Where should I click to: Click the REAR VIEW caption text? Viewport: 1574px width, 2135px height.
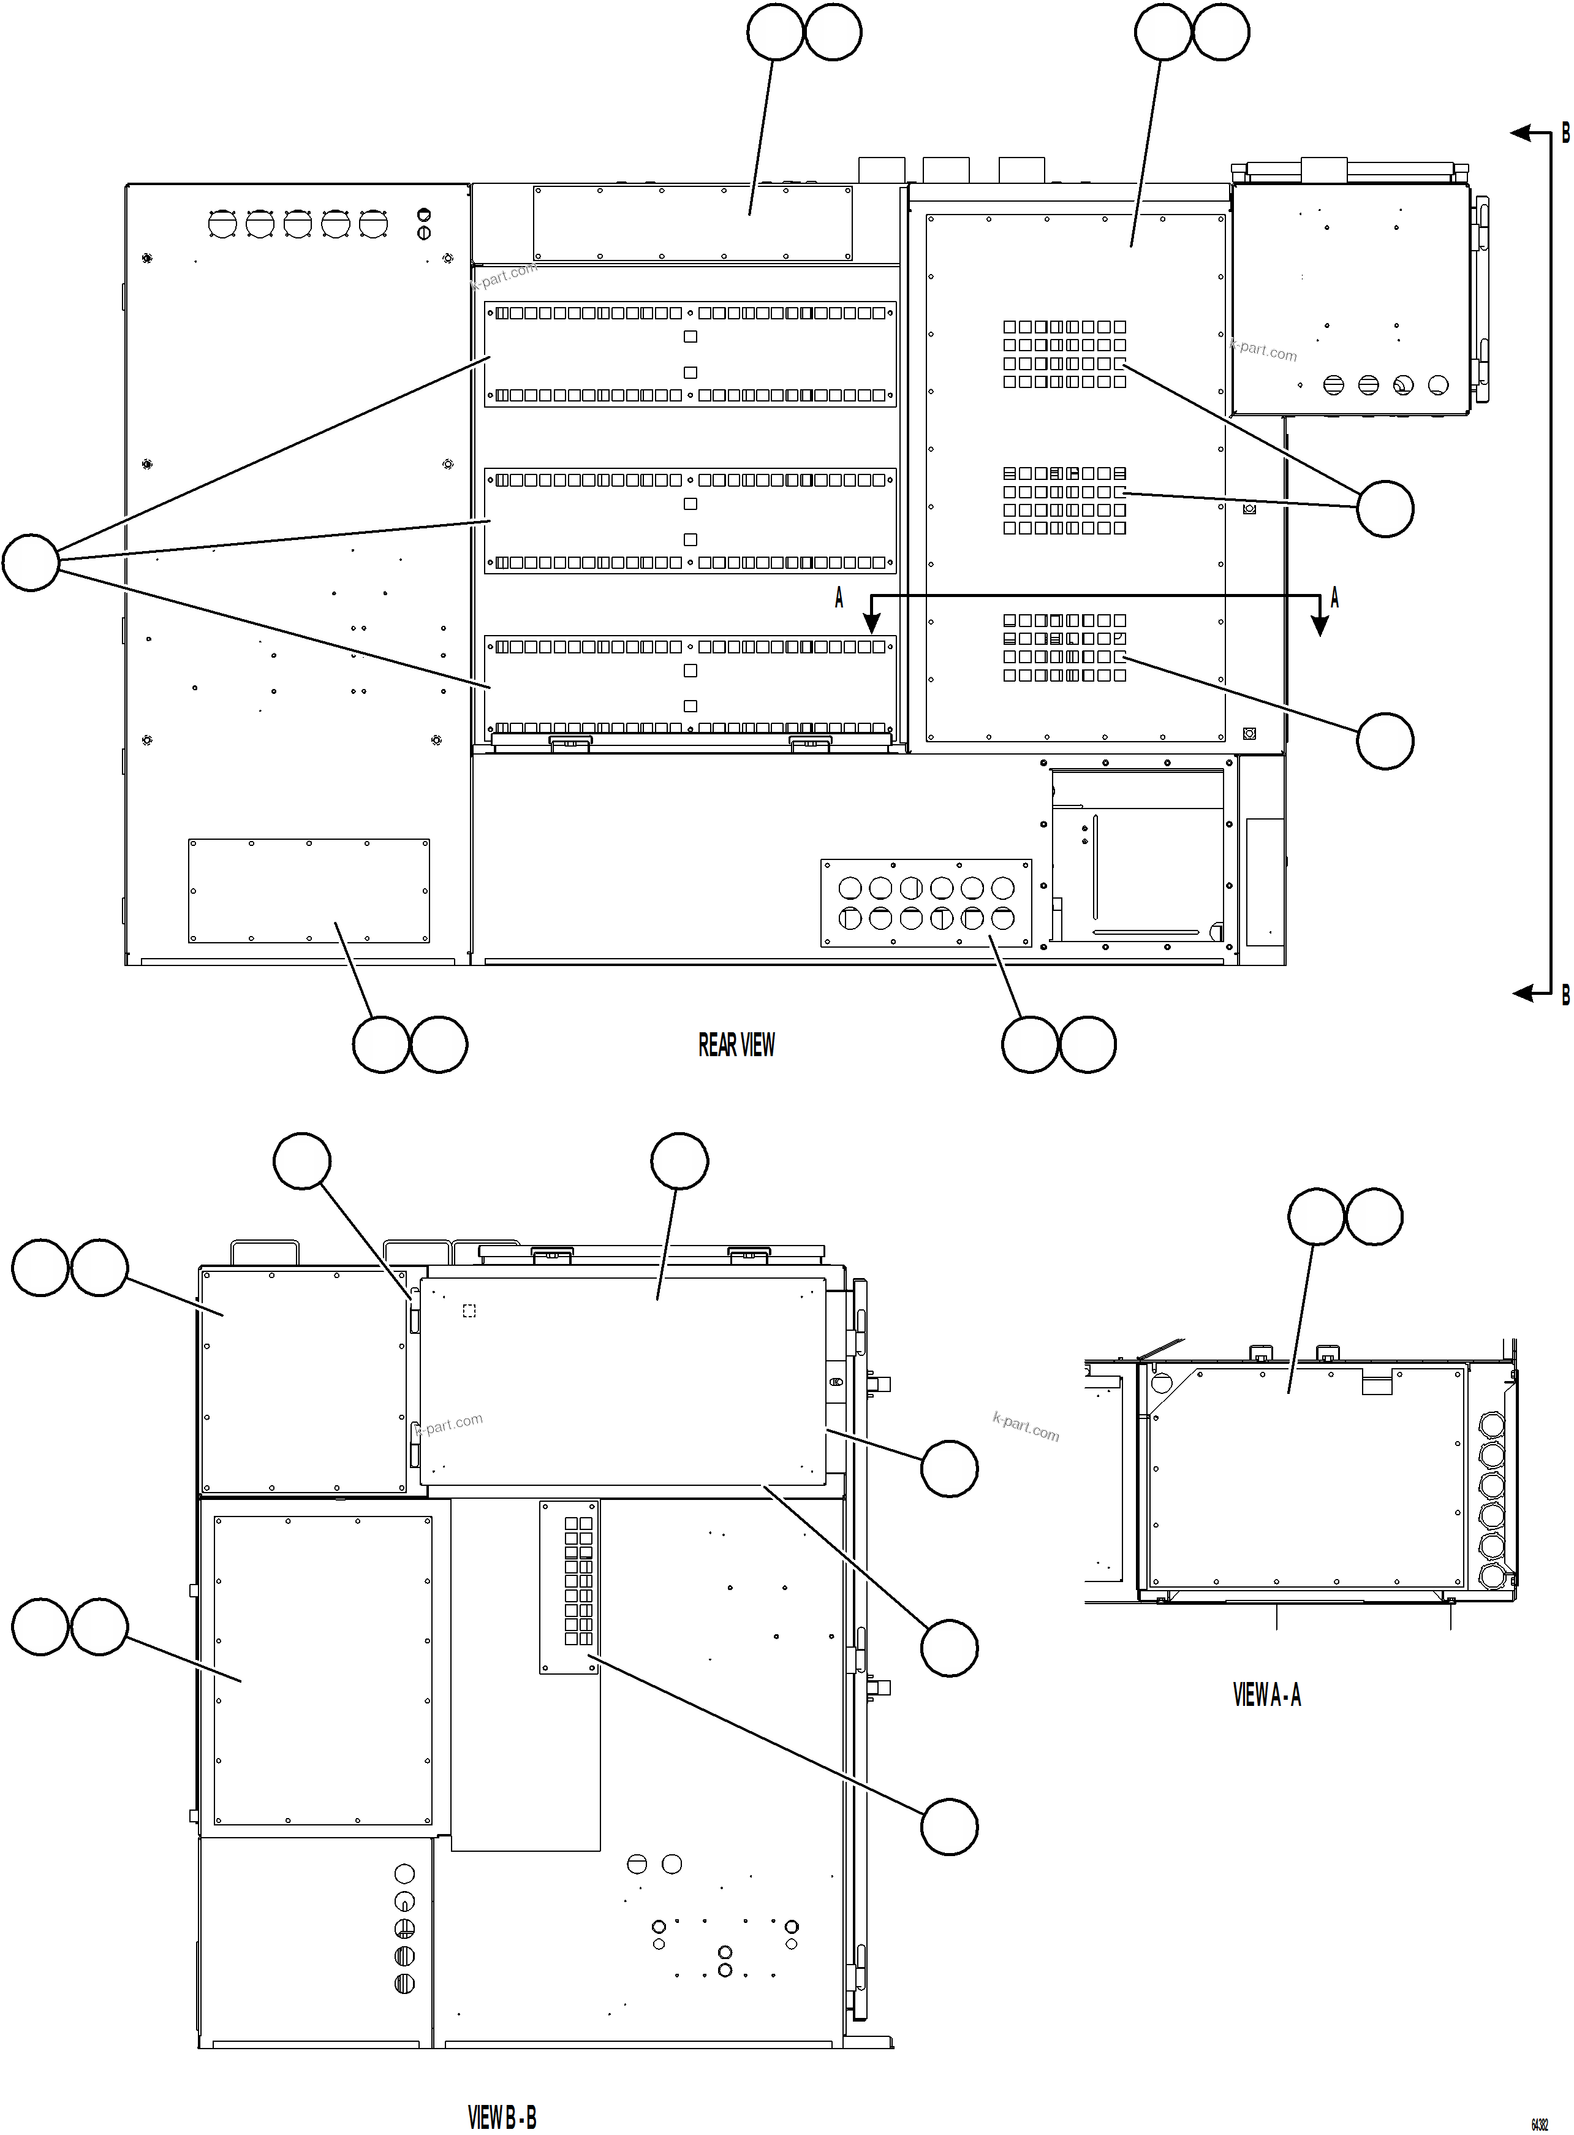(736, 1045)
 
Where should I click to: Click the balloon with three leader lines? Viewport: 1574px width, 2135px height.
(31, 562)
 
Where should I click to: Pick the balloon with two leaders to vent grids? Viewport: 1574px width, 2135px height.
(1385, 509)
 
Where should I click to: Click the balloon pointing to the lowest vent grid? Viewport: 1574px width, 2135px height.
(1385, 740)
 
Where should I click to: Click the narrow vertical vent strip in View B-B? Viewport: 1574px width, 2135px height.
(570, 1586)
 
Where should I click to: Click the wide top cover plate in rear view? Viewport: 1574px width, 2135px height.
(693, 223)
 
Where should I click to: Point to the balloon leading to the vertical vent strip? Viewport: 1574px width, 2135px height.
(949, 1826)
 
